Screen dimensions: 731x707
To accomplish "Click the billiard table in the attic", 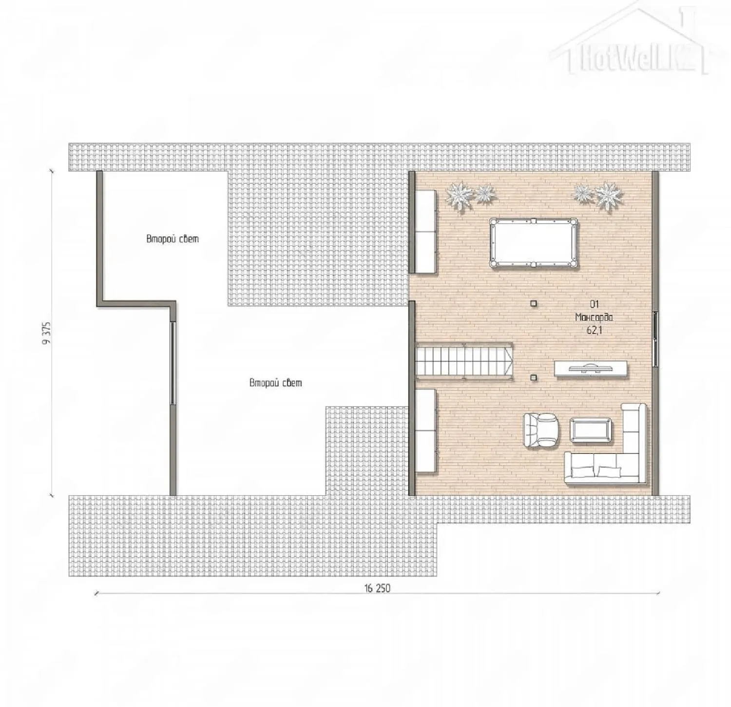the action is tap(534, 243).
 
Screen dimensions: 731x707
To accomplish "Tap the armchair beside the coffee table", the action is tap(540, 431).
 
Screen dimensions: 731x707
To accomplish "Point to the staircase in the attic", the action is tap(464, 360).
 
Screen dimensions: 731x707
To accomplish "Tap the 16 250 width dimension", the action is tap(377, 588).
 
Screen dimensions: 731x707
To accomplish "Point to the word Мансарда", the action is tap(594, 317).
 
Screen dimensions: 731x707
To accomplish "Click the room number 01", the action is tap(594, 305).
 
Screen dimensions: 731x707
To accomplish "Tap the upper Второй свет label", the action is tap(173, 239).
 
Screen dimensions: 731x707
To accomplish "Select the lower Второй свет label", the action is tap(275, 383).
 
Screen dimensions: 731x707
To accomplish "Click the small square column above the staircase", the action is tap(534, 303).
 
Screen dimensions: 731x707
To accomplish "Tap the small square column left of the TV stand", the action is tap(534, 377).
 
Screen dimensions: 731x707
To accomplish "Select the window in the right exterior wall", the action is tap(655, 339).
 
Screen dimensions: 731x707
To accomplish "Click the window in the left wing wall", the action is tap(172, 363).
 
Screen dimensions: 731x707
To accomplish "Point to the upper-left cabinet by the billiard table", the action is tap(425, 231).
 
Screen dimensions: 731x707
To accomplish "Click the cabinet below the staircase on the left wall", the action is tap(426, 431).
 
